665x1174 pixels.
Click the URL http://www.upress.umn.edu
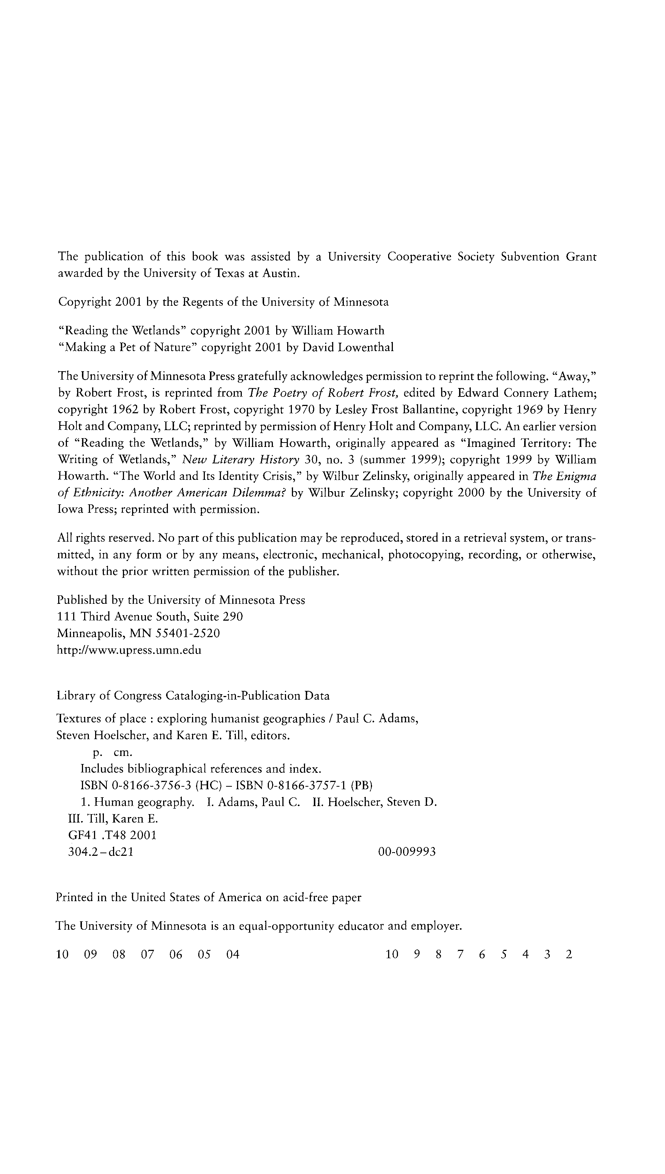click(x=129, y=650)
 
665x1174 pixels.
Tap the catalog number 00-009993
click(x=407, y=852)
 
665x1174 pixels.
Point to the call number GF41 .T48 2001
click(x=112, y=835)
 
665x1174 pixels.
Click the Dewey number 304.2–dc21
click(x=101, y=852)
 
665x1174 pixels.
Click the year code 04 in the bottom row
click(x=233, y=954)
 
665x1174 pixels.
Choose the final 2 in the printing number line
click(x=569, y=954)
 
